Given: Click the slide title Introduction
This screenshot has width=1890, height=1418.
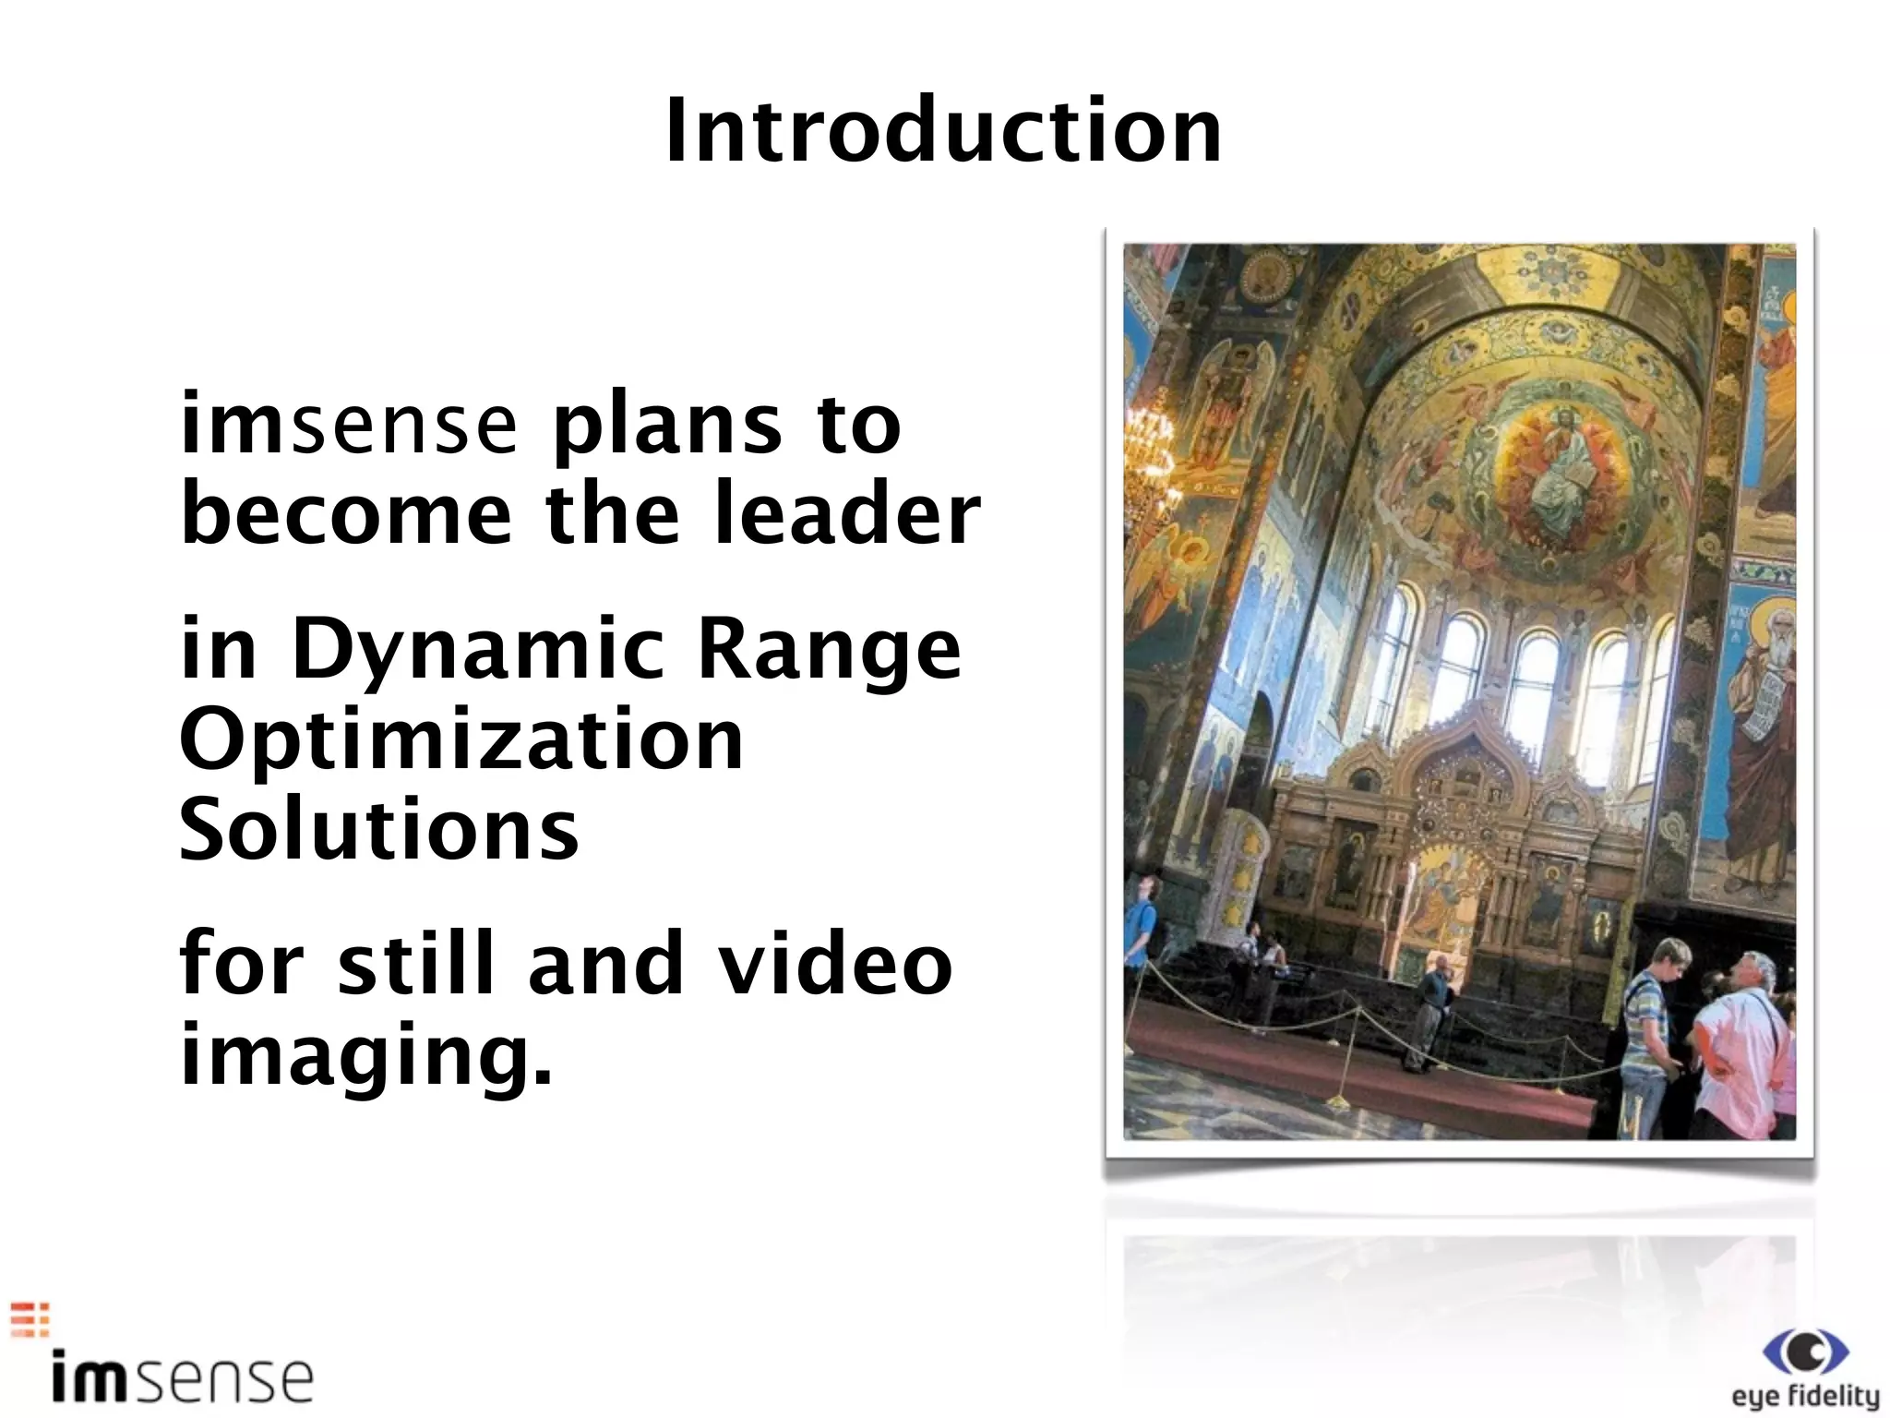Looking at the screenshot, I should (943, 133).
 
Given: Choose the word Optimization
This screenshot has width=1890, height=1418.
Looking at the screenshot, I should (461, 741).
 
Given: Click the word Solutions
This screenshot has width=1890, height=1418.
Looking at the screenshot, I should (379, 828).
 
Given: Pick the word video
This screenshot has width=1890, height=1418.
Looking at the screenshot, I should (835, 964).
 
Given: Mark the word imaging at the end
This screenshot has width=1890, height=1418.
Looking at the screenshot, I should (365, 1056).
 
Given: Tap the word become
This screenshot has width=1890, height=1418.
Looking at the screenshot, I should (346, 513).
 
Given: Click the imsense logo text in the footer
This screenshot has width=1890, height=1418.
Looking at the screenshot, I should (183, 1379).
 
